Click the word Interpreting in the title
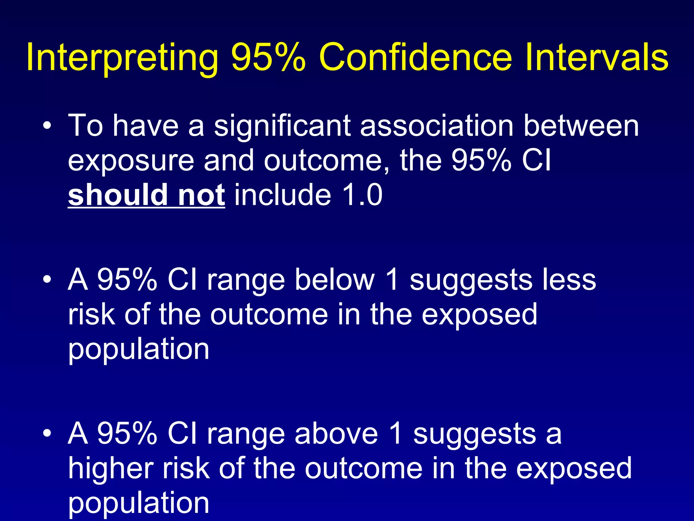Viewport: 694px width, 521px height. coord(122,58)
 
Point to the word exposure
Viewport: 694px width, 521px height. coord(131,161)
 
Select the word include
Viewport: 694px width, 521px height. coord(283,195)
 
